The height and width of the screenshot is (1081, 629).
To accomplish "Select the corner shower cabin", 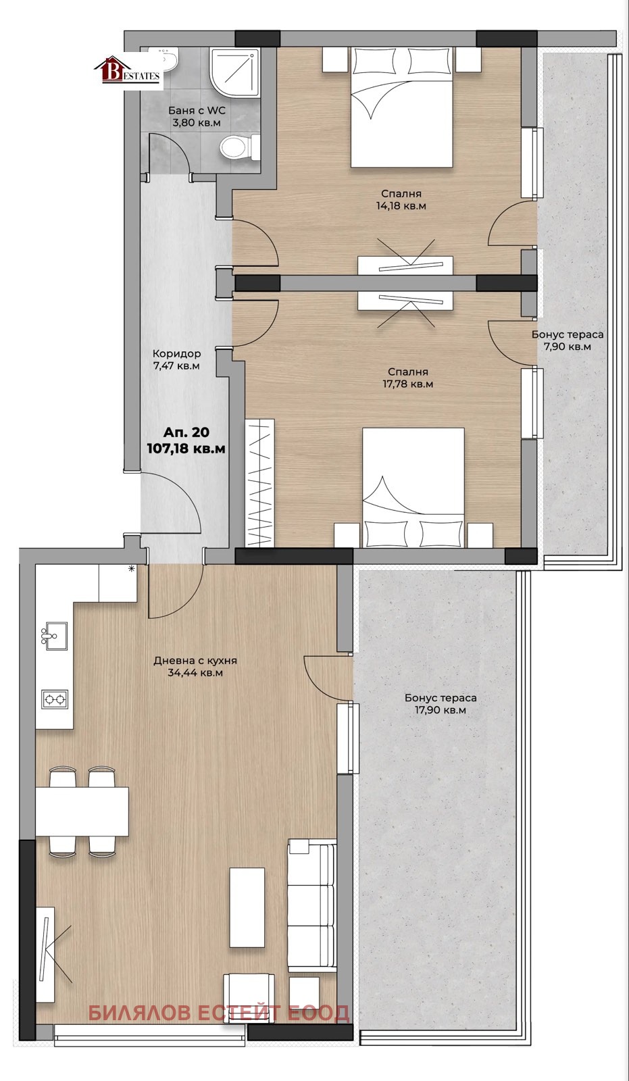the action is click(x=236, y=72).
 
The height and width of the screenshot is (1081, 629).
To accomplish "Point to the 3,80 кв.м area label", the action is click(x=197, y=122).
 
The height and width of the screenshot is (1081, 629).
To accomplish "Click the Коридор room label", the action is click(x=176, y=353).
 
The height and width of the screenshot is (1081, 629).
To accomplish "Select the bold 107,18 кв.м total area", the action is click(x=186, y=449).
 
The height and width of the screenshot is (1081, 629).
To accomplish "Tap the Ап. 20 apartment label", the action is click(x=186, y=432).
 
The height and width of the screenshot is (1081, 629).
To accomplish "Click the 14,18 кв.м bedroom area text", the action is click(x=401, y=206).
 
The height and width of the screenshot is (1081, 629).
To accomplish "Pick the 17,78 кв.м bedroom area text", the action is click(x=408, y=384).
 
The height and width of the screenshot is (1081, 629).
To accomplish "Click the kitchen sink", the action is click(x=54, y=636).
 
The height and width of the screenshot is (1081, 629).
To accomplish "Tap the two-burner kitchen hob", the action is click(x=55, y=699).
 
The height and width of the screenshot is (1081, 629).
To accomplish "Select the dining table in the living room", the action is click(x=82, y=811).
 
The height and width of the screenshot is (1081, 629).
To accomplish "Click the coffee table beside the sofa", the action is click(x=247, y=907).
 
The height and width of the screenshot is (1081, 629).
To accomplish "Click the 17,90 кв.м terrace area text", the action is click(x=441, y=710).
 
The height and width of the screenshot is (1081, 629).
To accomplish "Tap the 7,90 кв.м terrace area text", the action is click(x=568, y=347).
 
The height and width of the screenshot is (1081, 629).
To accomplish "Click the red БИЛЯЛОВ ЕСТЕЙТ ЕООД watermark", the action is click(x=219, y=1013).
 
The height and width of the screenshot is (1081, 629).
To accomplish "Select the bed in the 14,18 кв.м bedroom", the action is click(x=401, y=107).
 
